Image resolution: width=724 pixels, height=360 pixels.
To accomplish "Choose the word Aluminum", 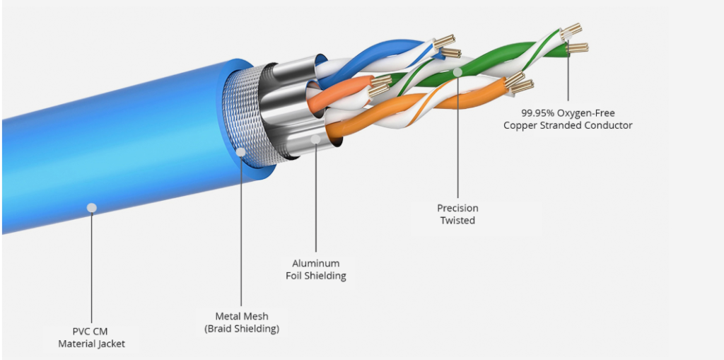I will (316, 263).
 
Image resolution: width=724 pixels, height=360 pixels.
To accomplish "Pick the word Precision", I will (457, 208).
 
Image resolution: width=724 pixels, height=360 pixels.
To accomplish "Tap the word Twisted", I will (457, 221).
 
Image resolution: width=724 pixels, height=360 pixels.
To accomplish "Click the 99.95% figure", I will (542, 112).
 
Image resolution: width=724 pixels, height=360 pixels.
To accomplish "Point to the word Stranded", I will (562, 125).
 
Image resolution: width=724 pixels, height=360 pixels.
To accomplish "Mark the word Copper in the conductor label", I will (520, 125).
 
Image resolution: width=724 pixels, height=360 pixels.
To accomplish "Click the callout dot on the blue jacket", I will (91, 207).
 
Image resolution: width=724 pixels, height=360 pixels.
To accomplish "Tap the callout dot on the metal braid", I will (242, 151).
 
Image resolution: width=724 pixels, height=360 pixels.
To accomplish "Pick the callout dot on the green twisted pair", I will (457, 72).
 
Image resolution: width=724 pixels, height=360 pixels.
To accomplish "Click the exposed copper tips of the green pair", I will (574, 39).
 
